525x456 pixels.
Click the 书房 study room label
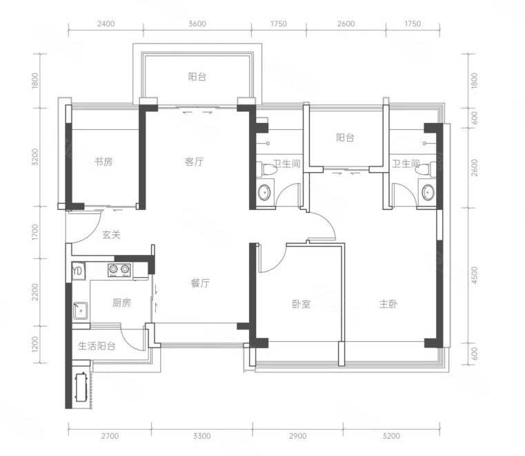103,162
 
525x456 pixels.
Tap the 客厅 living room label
194,162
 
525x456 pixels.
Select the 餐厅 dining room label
200,283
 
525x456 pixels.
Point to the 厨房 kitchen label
121,303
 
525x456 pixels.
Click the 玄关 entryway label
111,234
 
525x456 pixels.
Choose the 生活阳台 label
97,345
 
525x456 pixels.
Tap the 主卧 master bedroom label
388,304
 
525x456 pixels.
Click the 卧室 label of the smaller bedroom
301,304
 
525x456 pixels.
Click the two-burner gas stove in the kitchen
119,270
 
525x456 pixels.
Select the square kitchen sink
81,311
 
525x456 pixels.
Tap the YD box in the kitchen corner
78,271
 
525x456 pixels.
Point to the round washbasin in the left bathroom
265,193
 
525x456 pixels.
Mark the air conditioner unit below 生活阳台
81,388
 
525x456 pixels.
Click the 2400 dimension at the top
106,23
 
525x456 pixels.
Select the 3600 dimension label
197,23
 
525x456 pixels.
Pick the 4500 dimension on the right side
474,275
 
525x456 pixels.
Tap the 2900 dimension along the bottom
297,436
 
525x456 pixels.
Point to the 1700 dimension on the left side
35,232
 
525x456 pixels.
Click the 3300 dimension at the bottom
202,436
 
